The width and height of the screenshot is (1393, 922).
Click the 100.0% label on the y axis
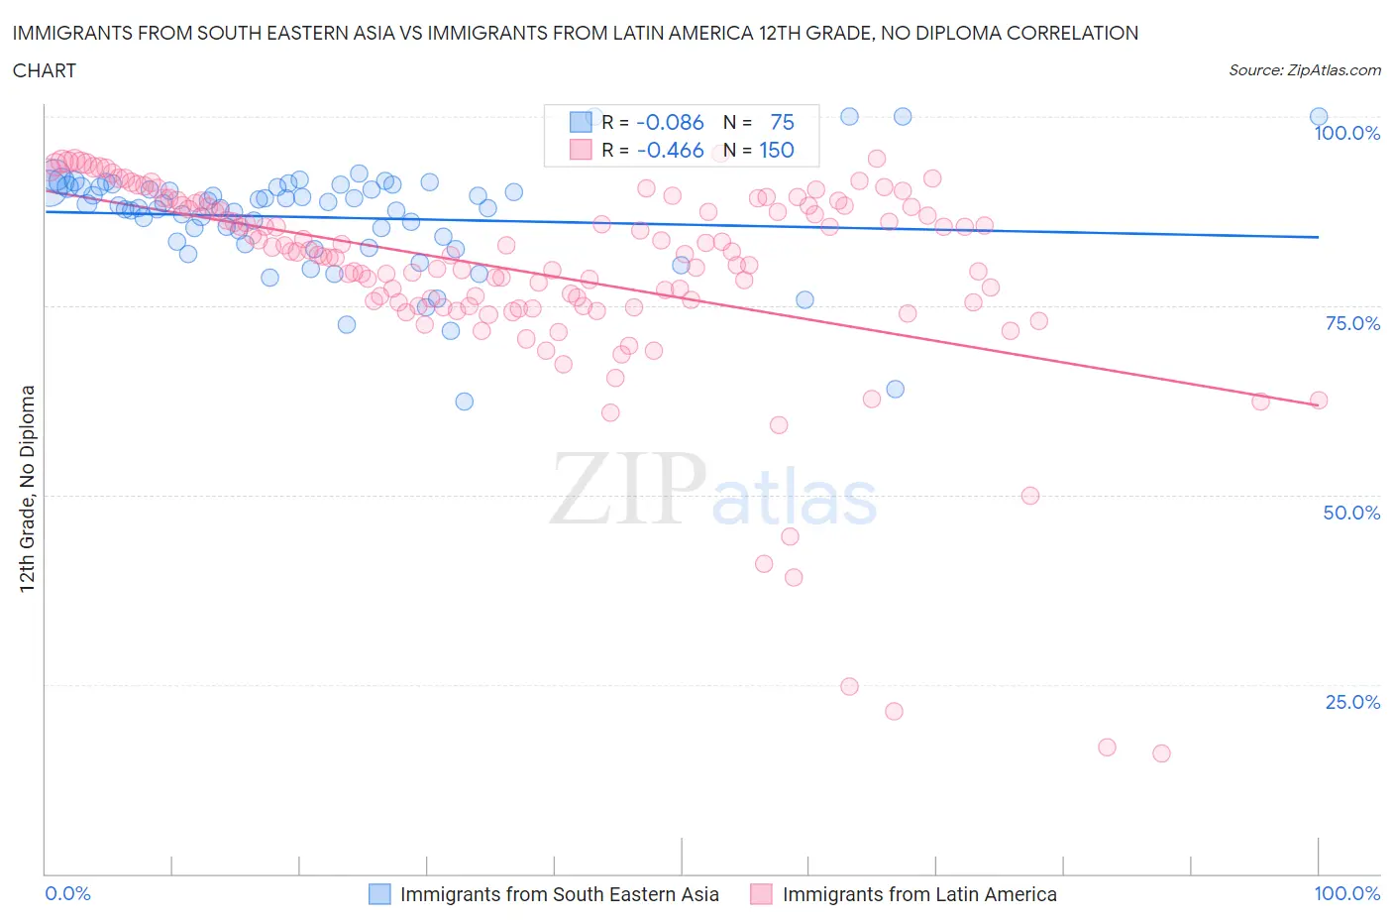pos(1346,133)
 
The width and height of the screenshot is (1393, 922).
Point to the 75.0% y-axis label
pos(1352,323)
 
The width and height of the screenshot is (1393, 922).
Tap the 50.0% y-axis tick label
pos(1351,513)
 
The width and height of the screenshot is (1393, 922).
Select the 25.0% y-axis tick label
pos(1352,702)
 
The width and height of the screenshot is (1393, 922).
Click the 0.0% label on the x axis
pos(68,893)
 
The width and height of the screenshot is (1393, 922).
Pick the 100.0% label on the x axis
pos(1346,893)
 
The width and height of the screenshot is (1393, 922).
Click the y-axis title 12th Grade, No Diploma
pos(28,489)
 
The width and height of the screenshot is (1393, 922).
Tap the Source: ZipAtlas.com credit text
pos(1304,69)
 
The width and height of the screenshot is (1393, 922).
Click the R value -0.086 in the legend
pos(670,122)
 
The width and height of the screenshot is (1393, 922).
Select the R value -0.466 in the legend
pos(670,150)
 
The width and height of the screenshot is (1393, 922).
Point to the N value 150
pos(777,150)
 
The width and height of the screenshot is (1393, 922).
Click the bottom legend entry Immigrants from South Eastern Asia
pos(559,894)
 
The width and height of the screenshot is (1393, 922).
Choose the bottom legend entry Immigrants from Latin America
pos(919,894)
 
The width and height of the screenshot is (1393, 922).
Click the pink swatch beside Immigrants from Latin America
pos(761,894)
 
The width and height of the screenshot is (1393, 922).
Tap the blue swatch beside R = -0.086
pos(581,122)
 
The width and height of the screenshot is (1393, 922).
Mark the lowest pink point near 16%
pos(1161,753)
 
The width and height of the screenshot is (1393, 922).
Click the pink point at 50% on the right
pos(1030,496)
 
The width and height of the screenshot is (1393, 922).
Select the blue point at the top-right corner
pos(1319,117)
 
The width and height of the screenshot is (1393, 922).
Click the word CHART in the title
pos(45,70)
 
